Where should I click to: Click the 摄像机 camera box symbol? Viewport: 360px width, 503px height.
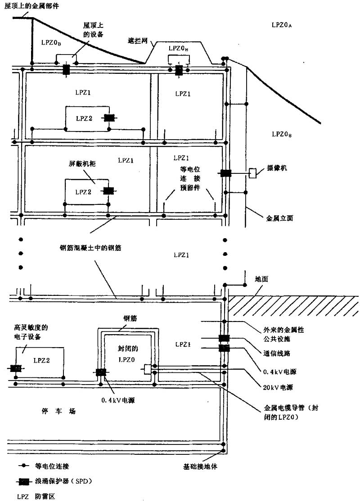pyautogui.click(x=253, y=173)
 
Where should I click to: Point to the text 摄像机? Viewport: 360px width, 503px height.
pyautogui.click(x=277, y=168)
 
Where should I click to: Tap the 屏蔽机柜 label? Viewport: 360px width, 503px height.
pyautogui.click(x=81, y=165)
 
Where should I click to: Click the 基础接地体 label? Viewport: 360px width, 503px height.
pyautogui.click(x=200, y=467)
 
